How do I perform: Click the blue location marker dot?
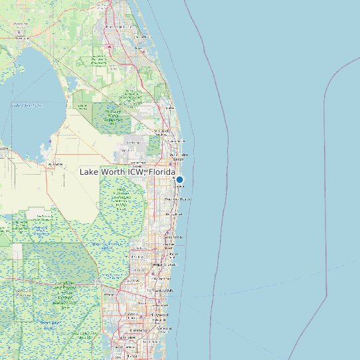[x=179, y=179]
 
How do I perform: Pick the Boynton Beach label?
[x=177, y=199]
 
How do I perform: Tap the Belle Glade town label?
[x=56, y=163]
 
